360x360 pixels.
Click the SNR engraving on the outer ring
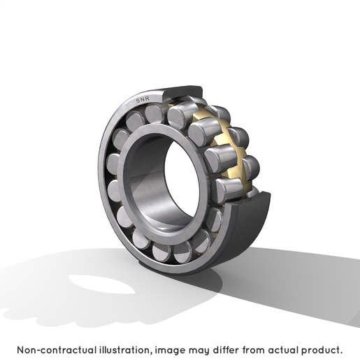pyautogui.click(x=143, y=99)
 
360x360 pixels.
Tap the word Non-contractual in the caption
pyautogui.click(x=57, y=350)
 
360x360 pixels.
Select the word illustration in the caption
pyautogui.click(x=124, y=350)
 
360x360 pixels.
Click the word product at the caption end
pyautogui.click(x=319, y=350)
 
